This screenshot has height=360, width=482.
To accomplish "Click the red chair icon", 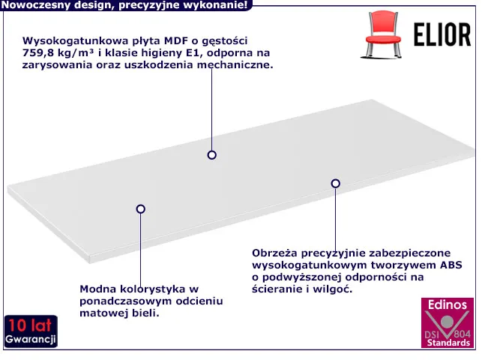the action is coord(383,34).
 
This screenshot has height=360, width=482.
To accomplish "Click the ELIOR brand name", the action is coord(442,34).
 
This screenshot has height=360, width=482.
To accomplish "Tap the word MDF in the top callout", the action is coord(176,40).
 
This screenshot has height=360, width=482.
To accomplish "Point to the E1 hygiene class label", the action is coord(193,52).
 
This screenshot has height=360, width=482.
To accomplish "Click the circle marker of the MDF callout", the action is coord(212,155).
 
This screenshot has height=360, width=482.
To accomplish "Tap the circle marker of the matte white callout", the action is coord(140,209).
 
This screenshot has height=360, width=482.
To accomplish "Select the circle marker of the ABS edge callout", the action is coord(335,184).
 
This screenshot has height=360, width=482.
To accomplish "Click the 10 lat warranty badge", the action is coord(31,331).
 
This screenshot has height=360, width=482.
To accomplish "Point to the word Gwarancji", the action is coord(31,339).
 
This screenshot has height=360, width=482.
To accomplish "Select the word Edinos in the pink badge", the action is coord(448,304).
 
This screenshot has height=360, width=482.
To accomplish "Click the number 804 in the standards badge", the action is coord(462,334).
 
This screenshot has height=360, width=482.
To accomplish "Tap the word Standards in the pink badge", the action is coord(448,343).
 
